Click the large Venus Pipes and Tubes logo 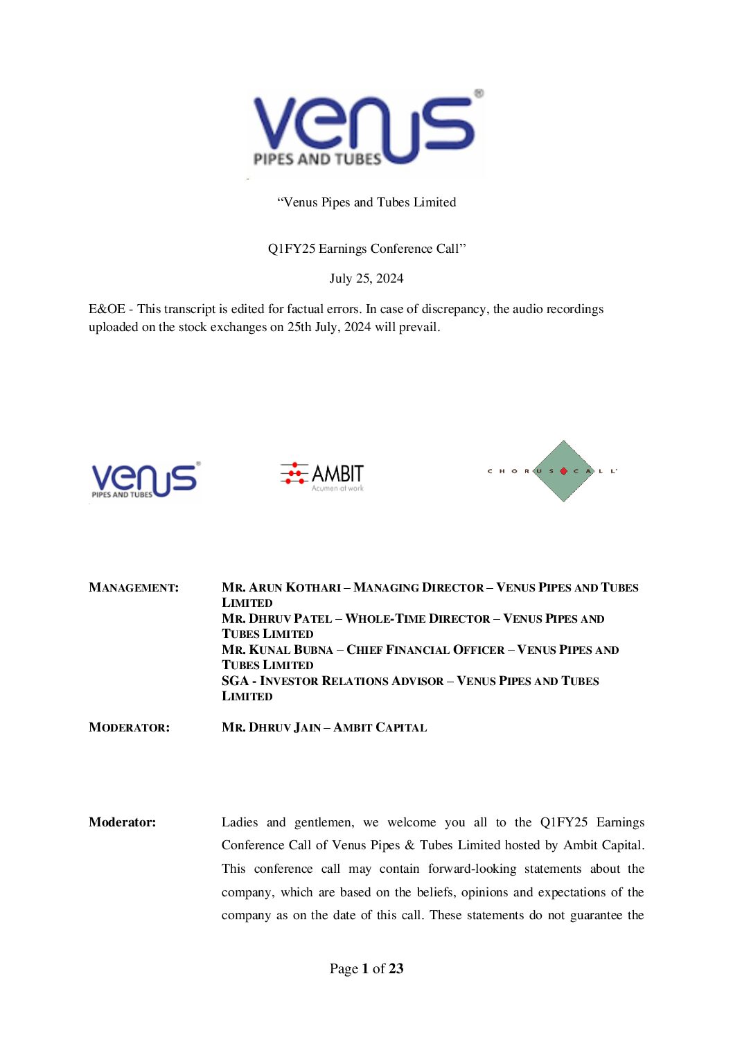click(366, 131)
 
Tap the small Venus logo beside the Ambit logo click(145, 479)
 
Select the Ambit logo click(322, 477)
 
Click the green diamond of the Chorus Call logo click(563, 471)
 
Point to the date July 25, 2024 click(366, 278)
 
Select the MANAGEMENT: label click(134, 587)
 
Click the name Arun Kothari click(294, 587)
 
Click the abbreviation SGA click(235, 681)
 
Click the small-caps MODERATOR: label click(129, 727)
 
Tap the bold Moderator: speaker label click(122, 822)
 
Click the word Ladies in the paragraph click(240, 822)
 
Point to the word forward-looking click(472, 869)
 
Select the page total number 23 click(396, 968)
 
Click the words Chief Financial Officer click(425, 650)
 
